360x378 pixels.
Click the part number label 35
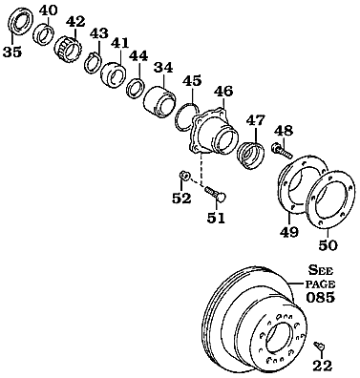(11, 52)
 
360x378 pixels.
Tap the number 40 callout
(48, 10)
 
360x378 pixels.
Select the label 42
(75, 21)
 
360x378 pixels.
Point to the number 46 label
(223, 92)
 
